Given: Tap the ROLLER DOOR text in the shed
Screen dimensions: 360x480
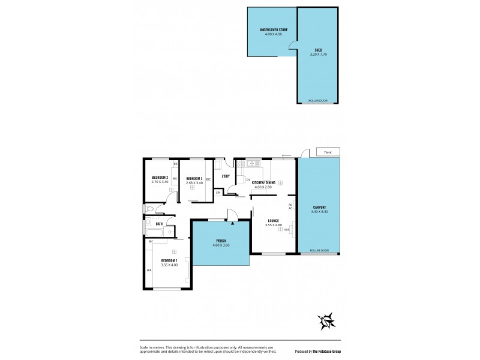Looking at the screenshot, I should [318, 101].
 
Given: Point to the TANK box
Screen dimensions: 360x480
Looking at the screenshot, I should [328, 152].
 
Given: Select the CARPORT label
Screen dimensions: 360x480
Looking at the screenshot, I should [319, 207].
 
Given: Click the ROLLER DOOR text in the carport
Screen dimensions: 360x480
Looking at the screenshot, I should [319, 250].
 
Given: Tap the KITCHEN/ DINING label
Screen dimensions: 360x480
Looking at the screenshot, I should [263, 182].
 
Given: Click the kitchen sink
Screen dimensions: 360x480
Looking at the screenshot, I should [251, 162].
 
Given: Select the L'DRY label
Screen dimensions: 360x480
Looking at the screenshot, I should [226, 176].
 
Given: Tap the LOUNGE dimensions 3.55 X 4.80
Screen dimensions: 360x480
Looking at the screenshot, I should [274, 225].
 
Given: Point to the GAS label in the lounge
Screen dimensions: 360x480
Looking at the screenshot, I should [287, 230].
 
